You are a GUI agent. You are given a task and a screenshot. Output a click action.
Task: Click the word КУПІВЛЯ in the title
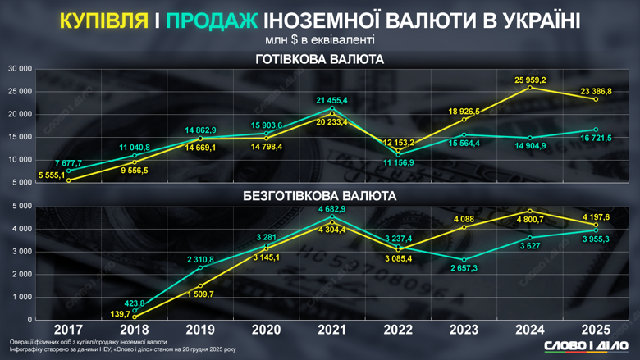coord(103,20)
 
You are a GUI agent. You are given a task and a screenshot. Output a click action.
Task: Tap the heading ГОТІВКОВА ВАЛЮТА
coord(320,59)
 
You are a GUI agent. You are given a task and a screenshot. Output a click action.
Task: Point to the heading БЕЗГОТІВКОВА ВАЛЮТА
coord(320,196)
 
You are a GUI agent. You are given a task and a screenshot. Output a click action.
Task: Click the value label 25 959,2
coord(530,80)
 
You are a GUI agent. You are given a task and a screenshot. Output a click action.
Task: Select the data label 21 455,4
coord(331,100)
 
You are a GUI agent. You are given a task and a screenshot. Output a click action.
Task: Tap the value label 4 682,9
coord(331,210)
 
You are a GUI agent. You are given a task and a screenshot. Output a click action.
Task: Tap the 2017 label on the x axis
coord(68,330)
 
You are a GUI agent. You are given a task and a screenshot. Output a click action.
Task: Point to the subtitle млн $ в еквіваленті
coord(320,39)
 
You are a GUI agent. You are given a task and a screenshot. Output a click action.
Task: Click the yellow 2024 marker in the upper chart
coord(531,87)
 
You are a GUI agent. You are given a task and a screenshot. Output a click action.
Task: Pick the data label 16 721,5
coord(595,139)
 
